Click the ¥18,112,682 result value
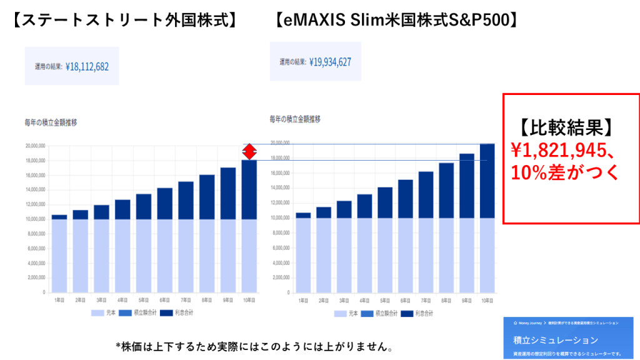[x=87, y=66]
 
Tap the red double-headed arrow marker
[x=249, y=151]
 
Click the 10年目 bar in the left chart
[x=249, y=225]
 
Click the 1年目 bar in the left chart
[x=59, y=253]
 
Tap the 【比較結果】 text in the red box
[x=566, y=127]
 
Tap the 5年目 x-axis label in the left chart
[x=143, y=301]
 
